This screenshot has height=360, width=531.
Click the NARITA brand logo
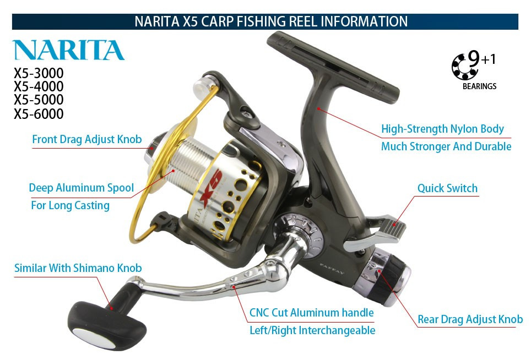[68, 50]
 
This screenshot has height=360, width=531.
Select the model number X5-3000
[39, 73]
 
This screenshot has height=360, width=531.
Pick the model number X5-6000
[39, 114]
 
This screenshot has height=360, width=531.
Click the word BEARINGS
[479, 86]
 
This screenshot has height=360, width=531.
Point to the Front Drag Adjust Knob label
[86, 139]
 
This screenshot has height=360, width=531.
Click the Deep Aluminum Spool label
[81, 188]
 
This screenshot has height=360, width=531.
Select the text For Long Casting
[70, 206]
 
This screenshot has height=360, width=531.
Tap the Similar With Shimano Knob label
[78, 268]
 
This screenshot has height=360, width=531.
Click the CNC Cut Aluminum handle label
[311, 313]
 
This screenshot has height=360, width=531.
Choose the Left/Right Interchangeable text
[312, 330]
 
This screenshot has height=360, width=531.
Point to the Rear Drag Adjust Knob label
[470, 319]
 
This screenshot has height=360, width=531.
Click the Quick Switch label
[447, 188]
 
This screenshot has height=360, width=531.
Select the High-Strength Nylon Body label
[442, 129]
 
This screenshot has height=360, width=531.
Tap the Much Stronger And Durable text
[446, 146]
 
